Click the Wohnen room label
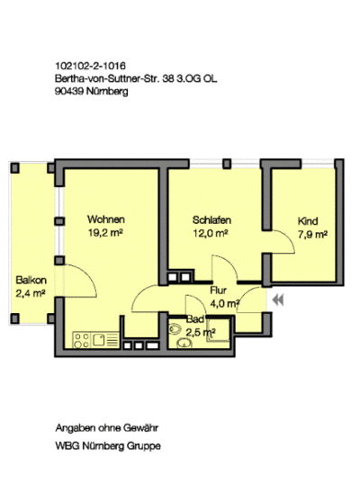(x=106, y=219)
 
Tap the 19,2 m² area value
(x=105, y=233)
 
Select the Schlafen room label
(x=211, y=220)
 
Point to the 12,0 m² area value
(x=211, y=234)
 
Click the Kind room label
(x=308, y=221)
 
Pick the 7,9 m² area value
(x=312, y=235)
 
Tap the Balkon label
(x=31, y=281)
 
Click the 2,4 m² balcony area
(x=31, y=293)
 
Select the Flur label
(x=219, y=291)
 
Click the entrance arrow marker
(x=278, y=300)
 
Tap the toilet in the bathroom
(x=175, y=329)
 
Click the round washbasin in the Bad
(x=184, y=343)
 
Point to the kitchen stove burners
(x=82, y=340)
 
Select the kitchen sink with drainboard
(x=105, y=340)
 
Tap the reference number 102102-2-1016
(x=91, y=66)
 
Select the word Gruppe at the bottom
(x=144, y=446)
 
